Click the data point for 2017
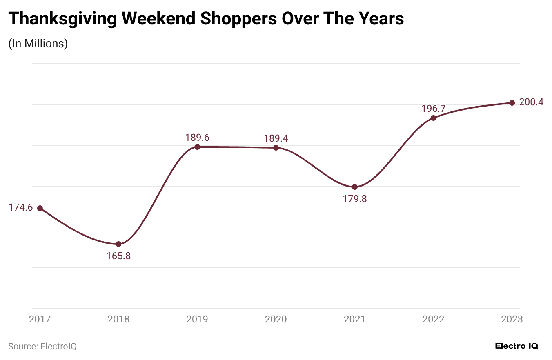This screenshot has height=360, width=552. pos(40,208)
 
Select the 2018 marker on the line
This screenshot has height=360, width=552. pos(119,244)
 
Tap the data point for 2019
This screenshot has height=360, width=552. pos(197,147)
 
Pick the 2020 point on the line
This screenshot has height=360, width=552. pos(276,148)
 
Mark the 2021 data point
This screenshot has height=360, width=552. pos(355,187)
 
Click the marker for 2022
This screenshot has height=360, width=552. pos(434,118)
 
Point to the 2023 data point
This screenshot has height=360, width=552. pos(512,103)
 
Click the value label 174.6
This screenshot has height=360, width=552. pos(20,208)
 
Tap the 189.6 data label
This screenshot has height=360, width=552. pos(197,138)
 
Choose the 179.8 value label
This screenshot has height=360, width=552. pos(355,199)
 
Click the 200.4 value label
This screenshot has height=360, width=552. pos(531,102)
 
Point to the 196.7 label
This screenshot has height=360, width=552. pos(433,109)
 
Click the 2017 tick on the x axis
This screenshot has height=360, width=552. pos(40,319)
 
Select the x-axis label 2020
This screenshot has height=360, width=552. pos(276,319)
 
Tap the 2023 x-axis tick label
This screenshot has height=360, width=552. pos(512,319)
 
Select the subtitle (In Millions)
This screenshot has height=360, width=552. pos(38,44)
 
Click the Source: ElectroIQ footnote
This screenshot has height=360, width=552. pos(42,347)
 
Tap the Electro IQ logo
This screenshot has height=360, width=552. pos(516,346)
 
